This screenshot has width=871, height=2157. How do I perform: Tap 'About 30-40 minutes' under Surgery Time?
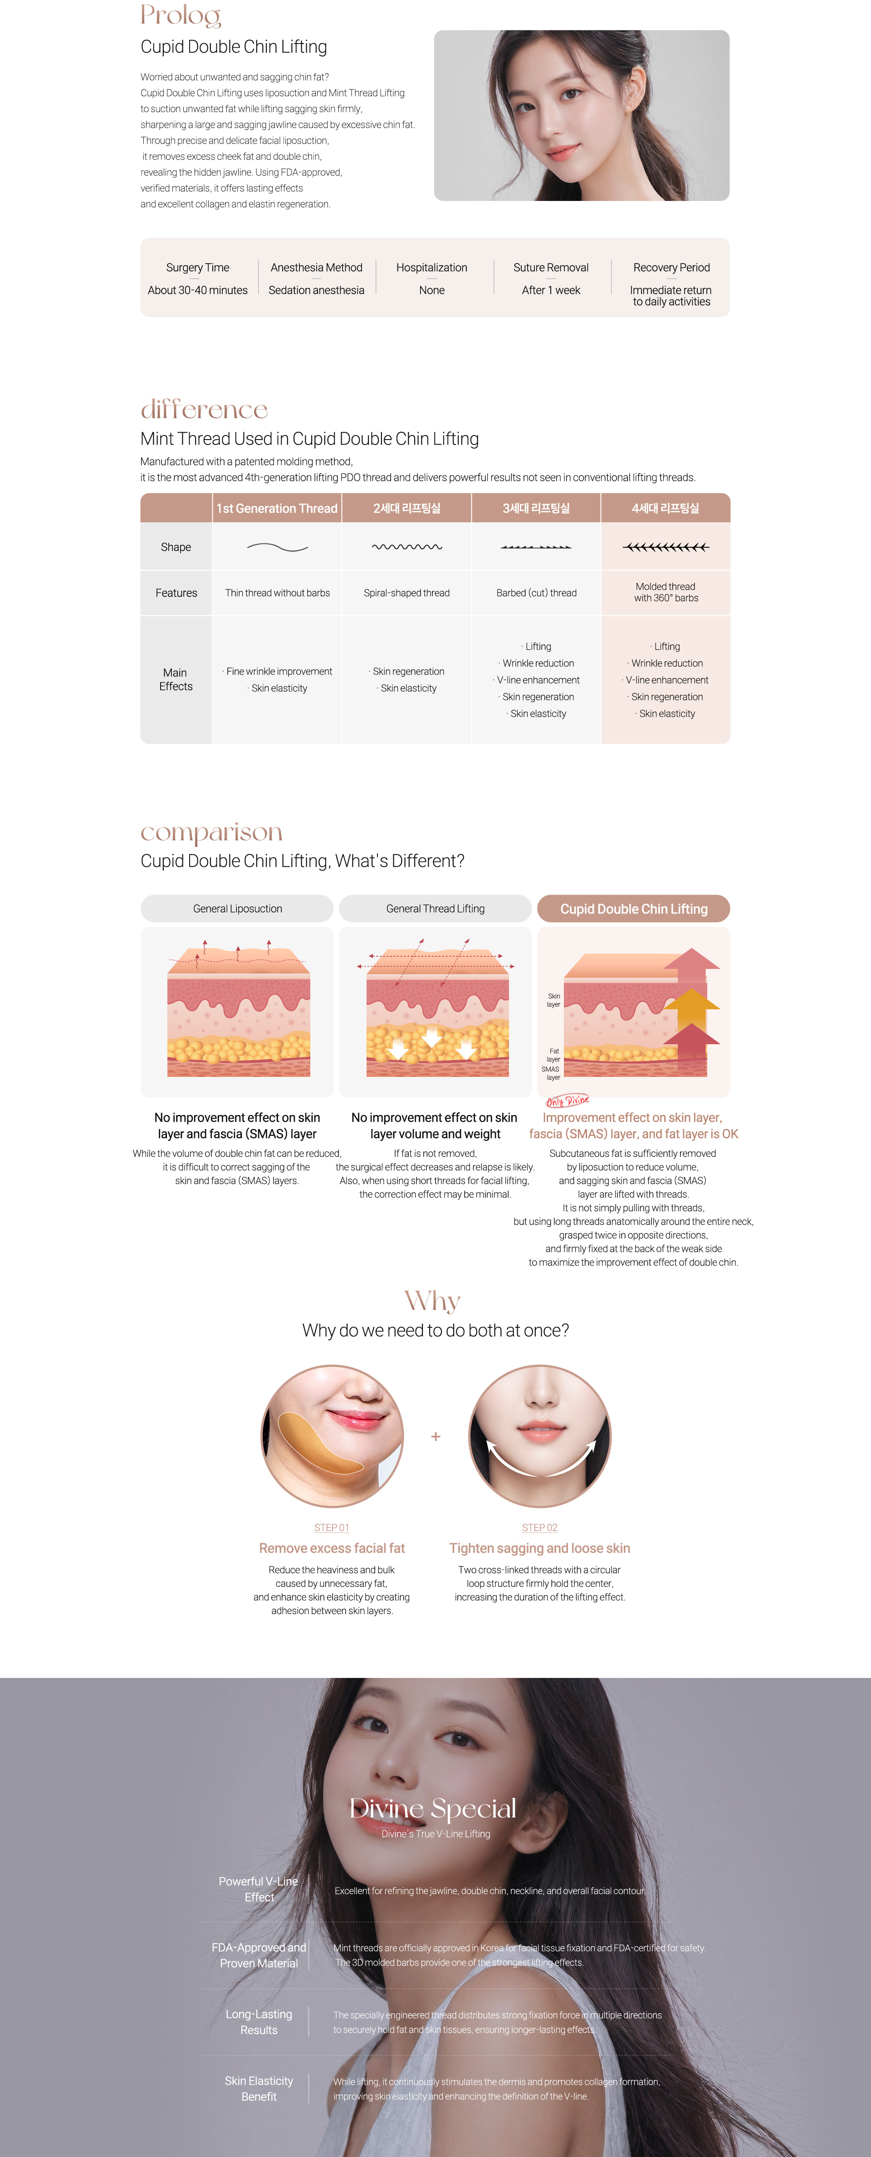click(198, 290)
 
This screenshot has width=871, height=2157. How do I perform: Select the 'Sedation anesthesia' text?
click(317, 290)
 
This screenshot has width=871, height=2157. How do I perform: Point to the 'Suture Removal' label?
click(551, 267)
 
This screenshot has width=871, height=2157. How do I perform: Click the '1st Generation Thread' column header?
click(277, 508)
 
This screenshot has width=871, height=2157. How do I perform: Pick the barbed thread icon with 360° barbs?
click(666, 547)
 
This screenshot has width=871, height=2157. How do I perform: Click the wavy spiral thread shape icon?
click(407, 547)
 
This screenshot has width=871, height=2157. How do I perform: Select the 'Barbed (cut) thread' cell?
click(537, 593)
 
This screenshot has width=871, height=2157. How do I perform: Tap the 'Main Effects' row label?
click(176, 679)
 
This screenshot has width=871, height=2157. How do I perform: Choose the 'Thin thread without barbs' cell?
click(277, 593)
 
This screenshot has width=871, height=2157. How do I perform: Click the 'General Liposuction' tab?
click(237, 909)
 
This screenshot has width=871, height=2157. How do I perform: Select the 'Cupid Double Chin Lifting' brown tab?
click(634, 909)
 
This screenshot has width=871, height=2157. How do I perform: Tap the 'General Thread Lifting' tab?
click(435, 909)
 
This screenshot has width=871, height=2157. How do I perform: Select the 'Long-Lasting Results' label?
click(259, 2021)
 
